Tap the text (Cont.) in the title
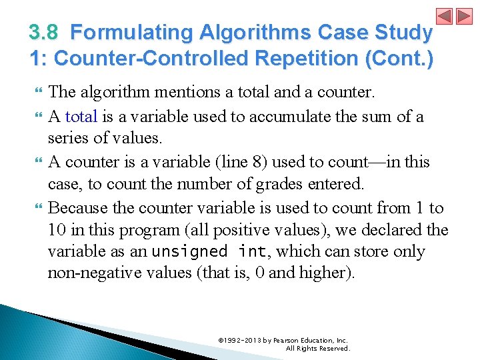pyautogui.click(x=402, y=58)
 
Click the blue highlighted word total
pyautogui.click(x=81, y=117)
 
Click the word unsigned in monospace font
pyautogui.click(x=188, y=252)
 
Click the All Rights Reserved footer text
pyautogui.click(x=317, y=348)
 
